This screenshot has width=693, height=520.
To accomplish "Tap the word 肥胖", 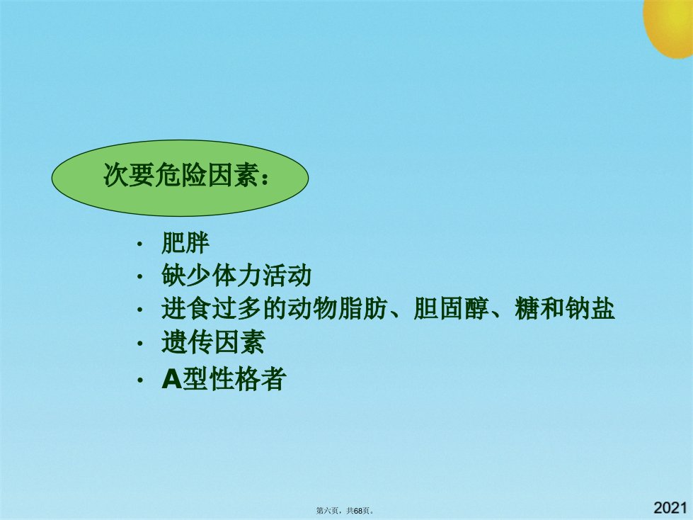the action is tap(185, 243).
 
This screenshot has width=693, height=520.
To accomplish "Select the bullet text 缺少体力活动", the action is tap(236, 276).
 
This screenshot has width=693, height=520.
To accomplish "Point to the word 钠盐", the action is tap(590, 308).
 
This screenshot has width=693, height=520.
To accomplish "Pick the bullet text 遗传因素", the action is tap(213, 342).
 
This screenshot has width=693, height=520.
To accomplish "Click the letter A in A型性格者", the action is tap(171, 379).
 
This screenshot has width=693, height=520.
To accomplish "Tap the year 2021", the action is tap(670, 508).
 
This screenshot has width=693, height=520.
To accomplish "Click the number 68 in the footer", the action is tap(358, 511).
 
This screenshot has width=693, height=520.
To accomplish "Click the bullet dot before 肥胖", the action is tap(139, 244).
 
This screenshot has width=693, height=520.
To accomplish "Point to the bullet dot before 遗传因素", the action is tap(139, 344).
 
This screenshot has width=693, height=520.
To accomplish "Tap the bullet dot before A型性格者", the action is tap(139, 380).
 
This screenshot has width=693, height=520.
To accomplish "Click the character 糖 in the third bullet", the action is tap(527, 308).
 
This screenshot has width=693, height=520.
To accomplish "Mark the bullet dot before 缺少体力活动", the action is tap(139, 277).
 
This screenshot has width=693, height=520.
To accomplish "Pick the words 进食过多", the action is tap(212, 308).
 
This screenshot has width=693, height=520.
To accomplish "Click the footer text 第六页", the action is tap(327, 511).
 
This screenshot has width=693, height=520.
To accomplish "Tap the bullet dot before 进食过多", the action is tap(139, 310).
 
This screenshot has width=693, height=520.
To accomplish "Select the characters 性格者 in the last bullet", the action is tap(248, 379).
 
